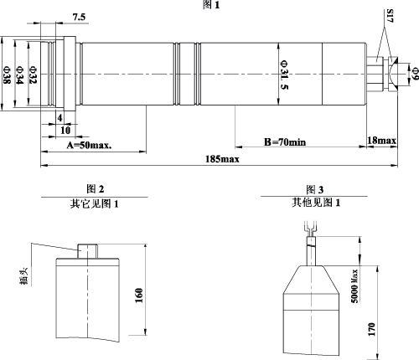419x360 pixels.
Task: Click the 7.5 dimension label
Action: pyautogui.click(x=79, y=18)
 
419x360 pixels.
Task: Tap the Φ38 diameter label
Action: pyautogui.click(x=7, y=75)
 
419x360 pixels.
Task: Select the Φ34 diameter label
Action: pyautogui.click(x=20, y=75)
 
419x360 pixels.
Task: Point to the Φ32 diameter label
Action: pyautogui.click(x=33, y=75)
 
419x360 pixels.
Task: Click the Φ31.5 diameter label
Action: pyautogui.click(x=284, y=75)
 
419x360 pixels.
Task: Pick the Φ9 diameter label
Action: pyautogui.click(x=415, y=73)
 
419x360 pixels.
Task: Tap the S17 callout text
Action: pyautogui.click(x=391, y=16)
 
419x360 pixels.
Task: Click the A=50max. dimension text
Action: pyautogui.click(x=89, y=145)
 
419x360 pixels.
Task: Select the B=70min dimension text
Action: pyautogui.click(x=285, y=142)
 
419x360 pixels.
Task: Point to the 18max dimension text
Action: pyautogui.click(x=381, y=140)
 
